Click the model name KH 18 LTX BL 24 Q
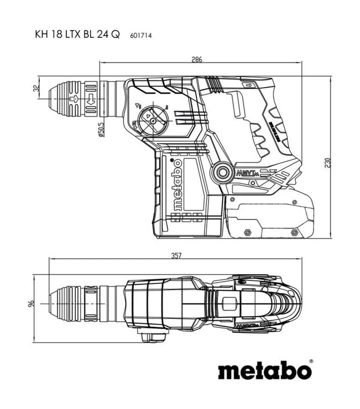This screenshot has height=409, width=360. [77, 36]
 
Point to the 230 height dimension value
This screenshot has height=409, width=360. [328, 163]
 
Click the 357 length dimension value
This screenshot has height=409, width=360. [175, 255]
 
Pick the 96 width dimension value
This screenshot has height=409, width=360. [30, 303]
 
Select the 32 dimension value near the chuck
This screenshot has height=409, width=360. [35, 88]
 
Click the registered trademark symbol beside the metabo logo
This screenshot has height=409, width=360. [311, 360]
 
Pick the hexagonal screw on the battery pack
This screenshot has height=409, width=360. [247, 232]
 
